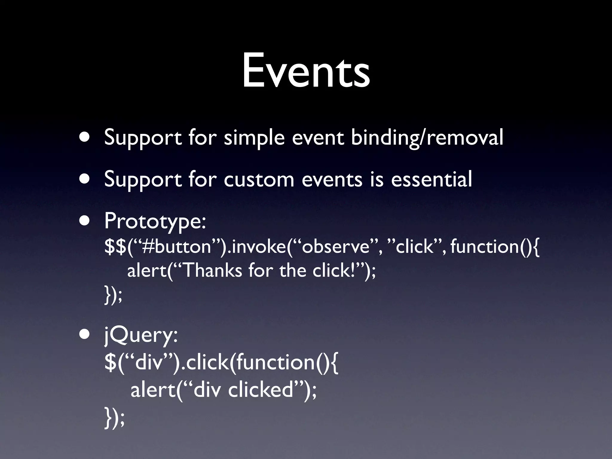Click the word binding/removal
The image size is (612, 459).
pyautogui.click(x=427, y=138)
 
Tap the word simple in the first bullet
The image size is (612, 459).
pyautogui.click(x=254, y=138)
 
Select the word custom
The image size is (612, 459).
pyautogui.click(x=259, y=179)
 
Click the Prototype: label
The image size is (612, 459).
pyautogui.click(x=155, y=221)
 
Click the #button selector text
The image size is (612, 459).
pyautogui.click(x=177, y=247)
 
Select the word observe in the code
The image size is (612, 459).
pyautogui.click(x=335, y=247)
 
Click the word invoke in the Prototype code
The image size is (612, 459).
pyautogui.click(x=258, y=247)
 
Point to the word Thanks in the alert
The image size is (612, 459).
pyautogui.click(x=212, y=271)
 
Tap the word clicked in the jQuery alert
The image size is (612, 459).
pyautogui.click(x=260, y=390)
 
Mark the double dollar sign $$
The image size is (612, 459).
pyautogui.click(x=115, y=247)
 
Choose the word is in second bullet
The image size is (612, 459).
pyautogui.click(x=377, y=179)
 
